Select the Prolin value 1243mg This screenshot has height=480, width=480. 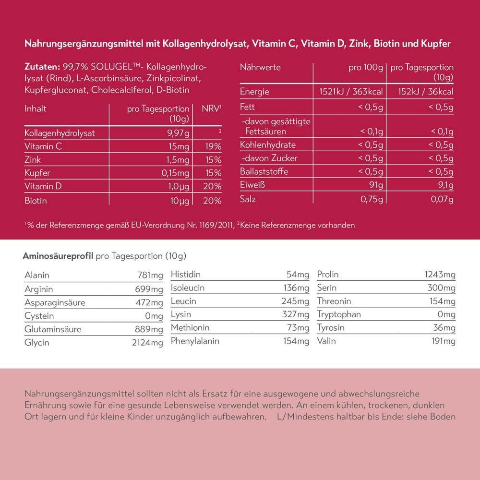pos(440,275)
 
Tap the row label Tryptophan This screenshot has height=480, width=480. pos(339,314)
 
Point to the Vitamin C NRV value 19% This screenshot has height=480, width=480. pos(212,146)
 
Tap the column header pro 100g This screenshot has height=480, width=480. pos(366,68)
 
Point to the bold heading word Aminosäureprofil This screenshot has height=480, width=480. pos(58,255)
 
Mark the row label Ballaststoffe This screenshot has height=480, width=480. pos(264,171)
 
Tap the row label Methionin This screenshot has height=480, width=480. pos(190,328)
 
